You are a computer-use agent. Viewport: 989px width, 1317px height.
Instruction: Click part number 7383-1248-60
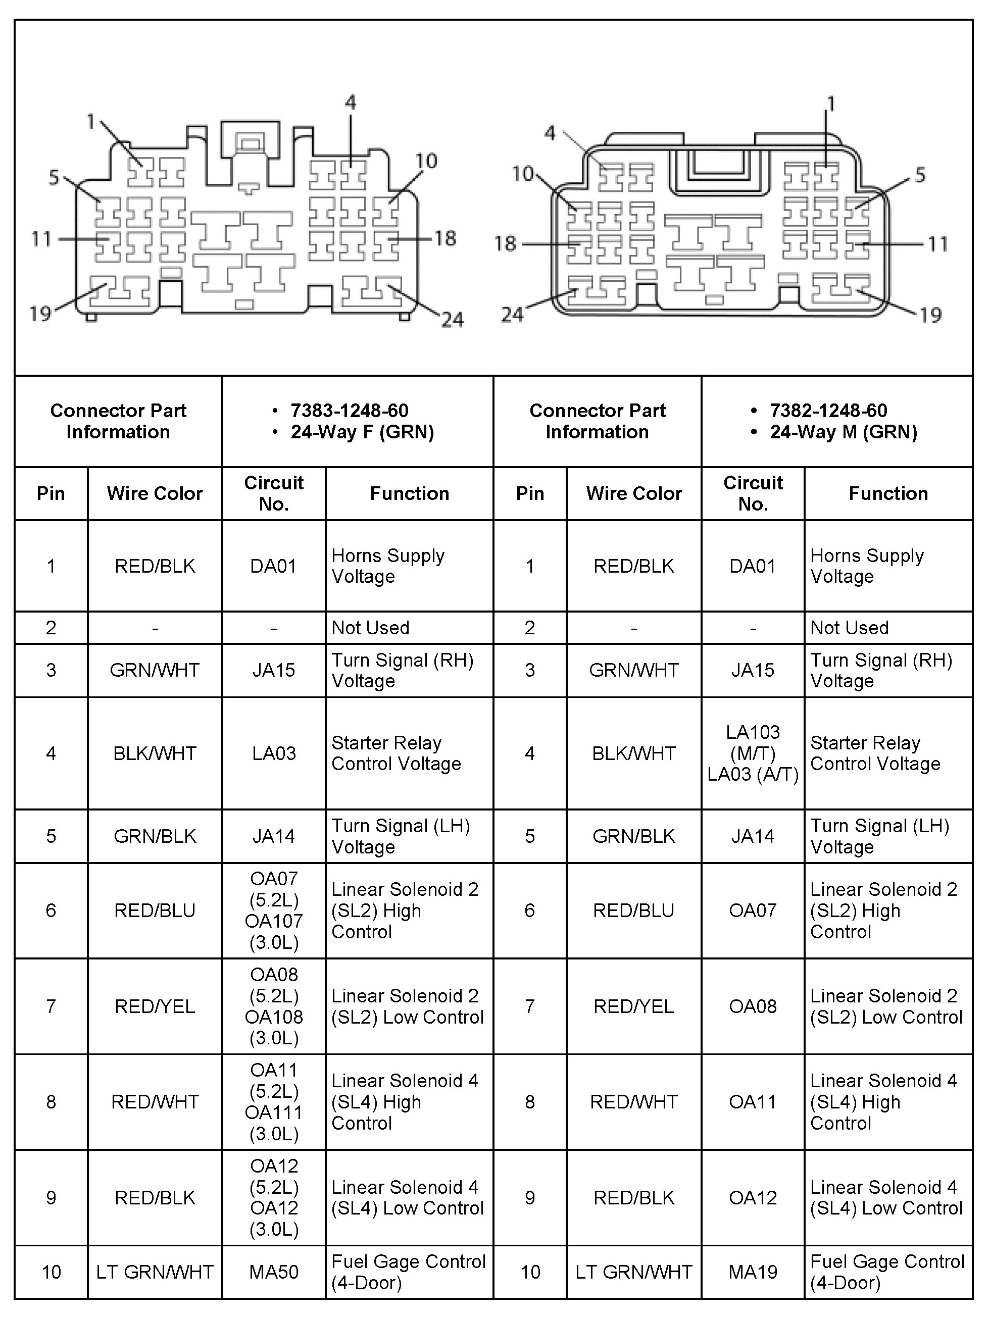pos(349,410)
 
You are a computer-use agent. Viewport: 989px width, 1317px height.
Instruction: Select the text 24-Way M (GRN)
pos(843,432)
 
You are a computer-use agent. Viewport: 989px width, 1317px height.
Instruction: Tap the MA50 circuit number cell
pos(273,1272)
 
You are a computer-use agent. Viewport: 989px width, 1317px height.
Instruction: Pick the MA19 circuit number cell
pos(753,1272)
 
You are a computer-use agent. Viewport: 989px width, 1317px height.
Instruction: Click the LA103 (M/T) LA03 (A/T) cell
pos(753,753)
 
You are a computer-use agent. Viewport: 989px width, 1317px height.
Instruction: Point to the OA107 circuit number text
pos(273,921)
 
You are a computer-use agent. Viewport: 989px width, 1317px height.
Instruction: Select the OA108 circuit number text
pos(273,1017)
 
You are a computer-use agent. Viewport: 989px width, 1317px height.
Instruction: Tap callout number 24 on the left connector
pos(452,320)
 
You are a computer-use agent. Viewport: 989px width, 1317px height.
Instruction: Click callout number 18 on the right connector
pos(505,243)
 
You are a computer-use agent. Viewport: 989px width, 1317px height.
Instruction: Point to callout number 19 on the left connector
pos(40,314)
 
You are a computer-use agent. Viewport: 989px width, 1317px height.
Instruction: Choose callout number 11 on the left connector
pos(41,239)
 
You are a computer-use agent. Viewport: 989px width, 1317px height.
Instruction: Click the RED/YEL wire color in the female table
pos(155,1006)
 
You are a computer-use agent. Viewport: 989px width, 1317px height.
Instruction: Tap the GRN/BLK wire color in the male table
pos(633,836)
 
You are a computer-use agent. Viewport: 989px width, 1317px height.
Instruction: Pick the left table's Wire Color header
pos(155,493)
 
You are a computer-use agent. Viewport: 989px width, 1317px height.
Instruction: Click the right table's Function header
pos(888,493)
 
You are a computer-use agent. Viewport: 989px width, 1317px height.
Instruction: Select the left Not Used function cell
pos(370,628)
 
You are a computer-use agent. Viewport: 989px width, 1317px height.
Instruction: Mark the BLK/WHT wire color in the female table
pos(155,753)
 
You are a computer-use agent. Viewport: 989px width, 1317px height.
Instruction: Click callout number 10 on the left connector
pos(426,161)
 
